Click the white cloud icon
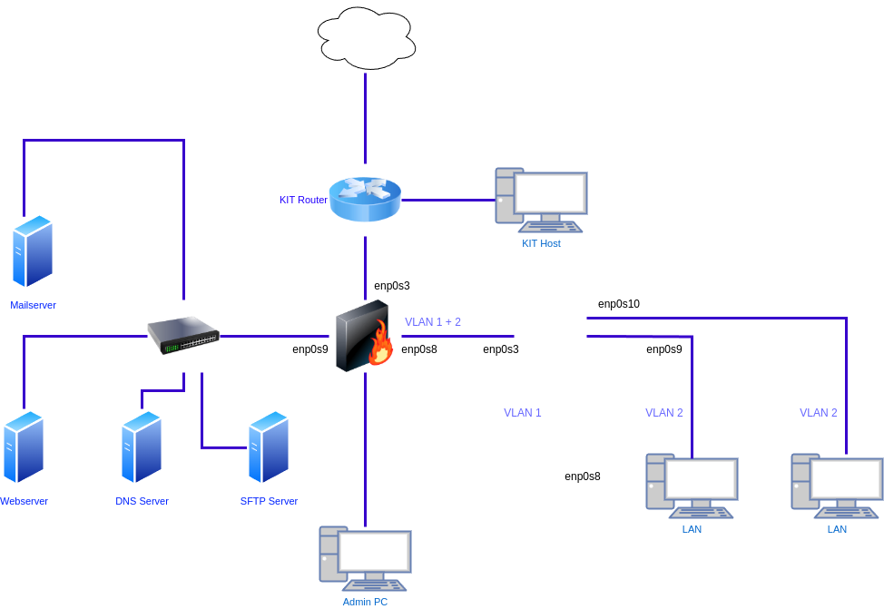(x=367, y=38)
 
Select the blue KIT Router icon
(x=365, y=200)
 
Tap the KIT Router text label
(x=303, y=200)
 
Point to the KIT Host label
(x=541, y=243)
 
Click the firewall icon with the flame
(x=365, y=337)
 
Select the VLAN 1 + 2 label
(x=433, y=322)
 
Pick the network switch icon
(x=184, y=335)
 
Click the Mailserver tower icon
(x=33, y=251)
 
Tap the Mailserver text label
(x=33, y=305)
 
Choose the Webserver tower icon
(x=24, y=447)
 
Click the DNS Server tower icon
(x=142, y=447)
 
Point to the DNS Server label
(x=142, y=501)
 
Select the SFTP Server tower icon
(x=269, y=447)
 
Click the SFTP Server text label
(x=269, y=501)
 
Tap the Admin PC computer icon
(x=365, y=557)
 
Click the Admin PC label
(x=365, y=602)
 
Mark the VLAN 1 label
(x=523, y=413)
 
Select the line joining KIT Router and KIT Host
(x=447, y=200)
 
